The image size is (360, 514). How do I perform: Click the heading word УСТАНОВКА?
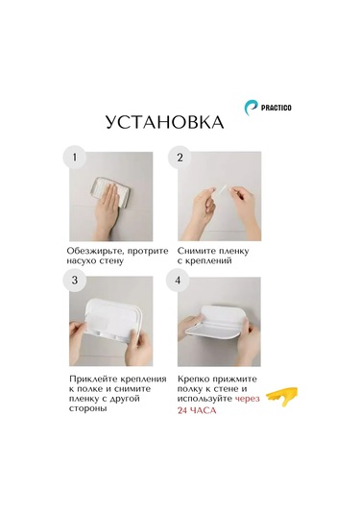point(165,122)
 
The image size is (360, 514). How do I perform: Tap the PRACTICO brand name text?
point(276,108)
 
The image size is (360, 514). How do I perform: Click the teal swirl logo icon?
point(251,108)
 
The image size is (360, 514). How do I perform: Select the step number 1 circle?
point(74,158)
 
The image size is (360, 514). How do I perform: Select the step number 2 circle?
point(180,158)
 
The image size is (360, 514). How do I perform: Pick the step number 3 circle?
point(75,281)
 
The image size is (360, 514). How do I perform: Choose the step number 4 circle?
point(178,281)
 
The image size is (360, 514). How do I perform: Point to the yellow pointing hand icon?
point(281,397)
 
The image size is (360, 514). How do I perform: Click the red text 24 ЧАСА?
point(197,410)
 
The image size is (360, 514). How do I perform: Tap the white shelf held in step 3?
point(111,319)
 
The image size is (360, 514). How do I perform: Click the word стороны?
point(87,409)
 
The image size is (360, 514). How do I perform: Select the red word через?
point(248,399)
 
